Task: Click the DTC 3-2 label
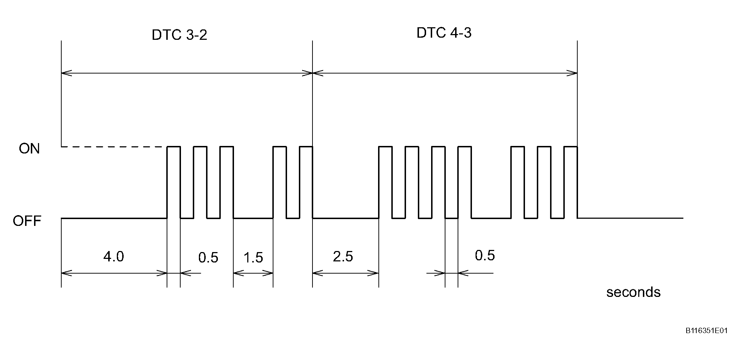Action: tap(180, 35)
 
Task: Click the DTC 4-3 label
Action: tap(444, 33)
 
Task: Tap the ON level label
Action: tap(29, 148)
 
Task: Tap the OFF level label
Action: tap(27, 221)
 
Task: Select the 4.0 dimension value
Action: tap(114, 257)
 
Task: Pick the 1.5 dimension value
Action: tap(253, 257)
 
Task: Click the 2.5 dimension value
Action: tap(343, 257)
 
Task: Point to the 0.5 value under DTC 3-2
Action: tap(208, 257)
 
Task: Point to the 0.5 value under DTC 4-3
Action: tap(485, 255)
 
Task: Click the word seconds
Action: tap(633, 292)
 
